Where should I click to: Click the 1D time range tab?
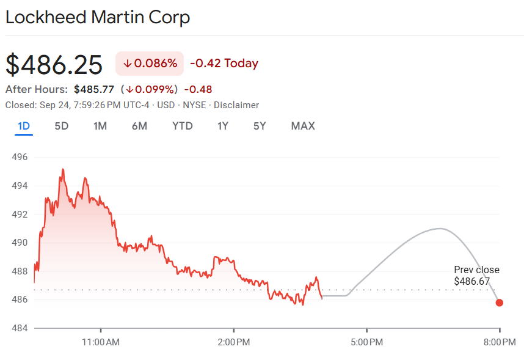click(24, 126)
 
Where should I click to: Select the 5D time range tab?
click(62, 126)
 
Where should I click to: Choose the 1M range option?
click(100, 126)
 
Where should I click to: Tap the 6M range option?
click(139, 126)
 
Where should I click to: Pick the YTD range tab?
click(182, 126)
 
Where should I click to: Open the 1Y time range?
click(223, 126)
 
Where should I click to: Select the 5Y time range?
click(260, 126)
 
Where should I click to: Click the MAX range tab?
click(303, 126)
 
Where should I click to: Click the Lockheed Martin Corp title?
click(98, 17)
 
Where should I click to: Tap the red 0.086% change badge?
click(150, 64)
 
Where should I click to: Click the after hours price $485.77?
click(94, 89)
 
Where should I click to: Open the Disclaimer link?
click(236, 105)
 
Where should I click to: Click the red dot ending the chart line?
click(500, 303)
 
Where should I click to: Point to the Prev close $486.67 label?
click(476, 276)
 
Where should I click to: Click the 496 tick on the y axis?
click(20, 157)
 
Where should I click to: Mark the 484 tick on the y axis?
click(20, 328)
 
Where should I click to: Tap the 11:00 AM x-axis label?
click(101, 342)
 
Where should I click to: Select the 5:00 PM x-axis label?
click(366, 342)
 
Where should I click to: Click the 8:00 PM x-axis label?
click(500, 342)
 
